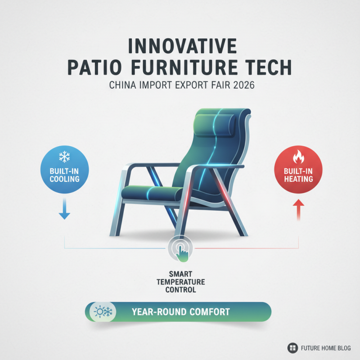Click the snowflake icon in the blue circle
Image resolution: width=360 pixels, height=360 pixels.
click(63, 157)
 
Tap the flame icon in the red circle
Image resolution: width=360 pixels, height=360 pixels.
click(298, 157)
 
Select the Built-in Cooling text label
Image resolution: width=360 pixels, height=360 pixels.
click(63, 175)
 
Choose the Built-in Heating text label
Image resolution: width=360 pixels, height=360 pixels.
click(298, 175)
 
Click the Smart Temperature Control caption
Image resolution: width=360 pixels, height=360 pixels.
click(180, 282)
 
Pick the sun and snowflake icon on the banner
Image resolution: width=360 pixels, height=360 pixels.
click(102, 311)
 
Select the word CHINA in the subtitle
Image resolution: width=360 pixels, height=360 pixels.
click(123, 86)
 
